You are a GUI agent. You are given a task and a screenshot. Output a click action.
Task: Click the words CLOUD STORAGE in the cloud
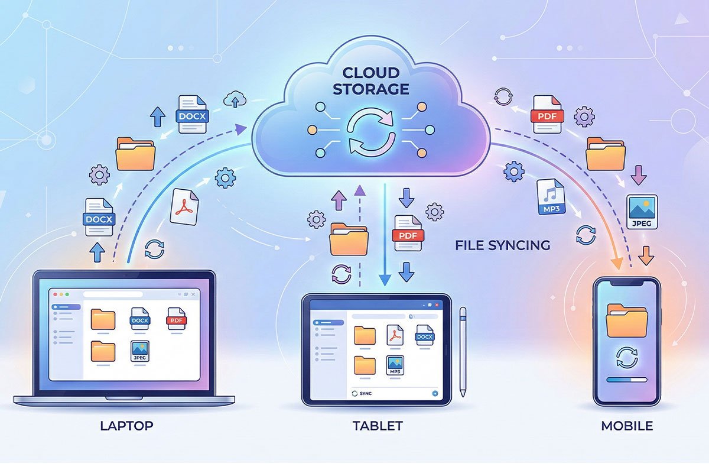370,81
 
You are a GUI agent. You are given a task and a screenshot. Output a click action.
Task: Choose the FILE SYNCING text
503,245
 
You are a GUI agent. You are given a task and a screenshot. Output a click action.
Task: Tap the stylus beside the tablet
463,351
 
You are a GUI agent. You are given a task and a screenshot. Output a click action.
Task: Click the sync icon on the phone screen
626,357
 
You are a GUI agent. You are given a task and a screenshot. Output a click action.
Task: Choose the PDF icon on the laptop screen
176,319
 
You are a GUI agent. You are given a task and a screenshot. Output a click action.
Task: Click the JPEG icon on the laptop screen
140,351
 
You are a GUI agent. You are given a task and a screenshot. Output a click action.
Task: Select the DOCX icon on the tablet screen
424,335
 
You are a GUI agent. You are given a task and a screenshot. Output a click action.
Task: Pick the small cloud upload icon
236,99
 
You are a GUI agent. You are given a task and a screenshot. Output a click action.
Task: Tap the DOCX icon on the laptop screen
140,319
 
